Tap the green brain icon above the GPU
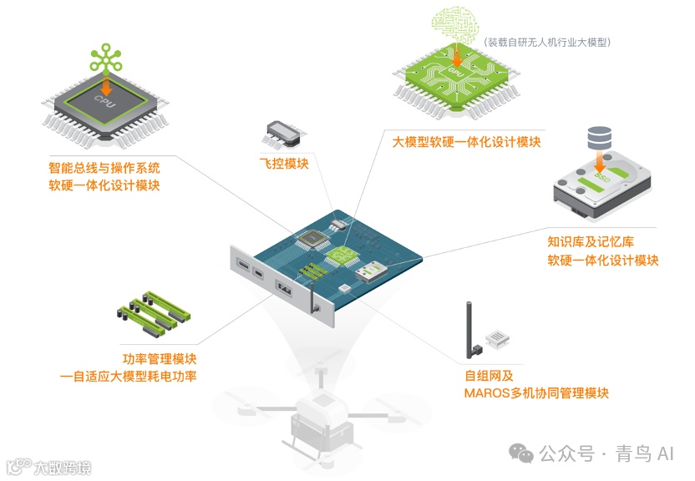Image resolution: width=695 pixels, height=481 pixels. (x=456, y=25)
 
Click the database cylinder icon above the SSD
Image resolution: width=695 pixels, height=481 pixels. (x=599, y=134)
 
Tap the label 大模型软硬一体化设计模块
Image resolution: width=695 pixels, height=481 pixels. (x=466, y=142)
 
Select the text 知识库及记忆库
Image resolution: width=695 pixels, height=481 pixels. (x=591, y=242)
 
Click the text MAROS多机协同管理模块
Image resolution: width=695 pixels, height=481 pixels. (x=536, y=392)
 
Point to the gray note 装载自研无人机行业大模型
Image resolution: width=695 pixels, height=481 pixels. (x=547, y=42)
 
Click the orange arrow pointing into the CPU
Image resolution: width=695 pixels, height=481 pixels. (x=106, y=86)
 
